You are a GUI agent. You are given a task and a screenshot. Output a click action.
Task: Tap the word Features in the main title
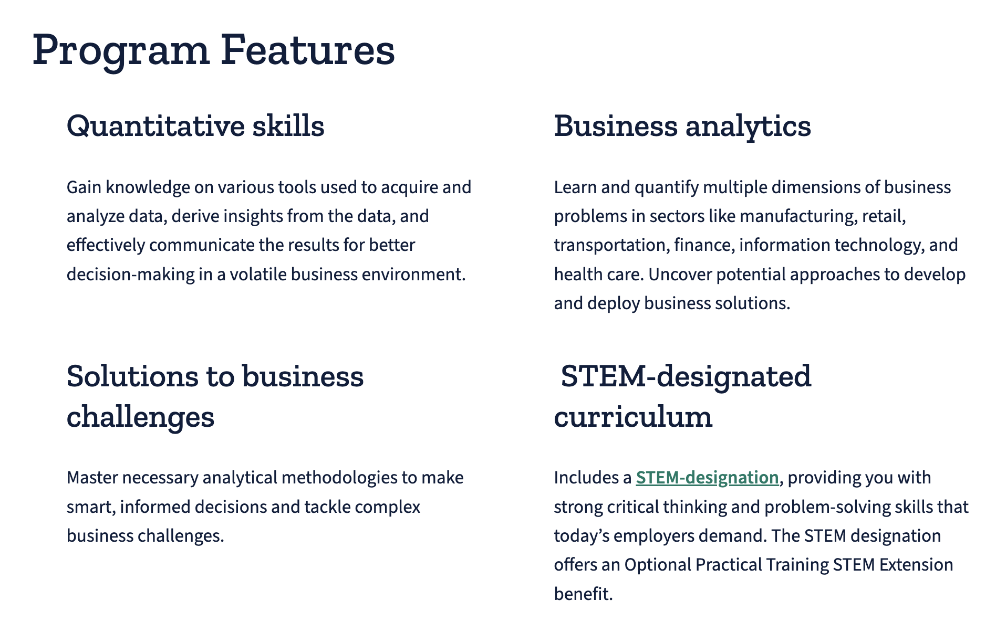[x=308, y=50]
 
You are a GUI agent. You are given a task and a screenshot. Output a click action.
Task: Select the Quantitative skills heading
[x=195, y=127]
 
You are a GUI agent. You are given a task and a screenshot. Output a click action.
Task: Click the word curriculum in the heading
[x=633, y=417]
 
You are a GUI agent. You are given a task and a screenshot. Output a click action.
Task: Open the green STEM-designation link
[x=707, y=478]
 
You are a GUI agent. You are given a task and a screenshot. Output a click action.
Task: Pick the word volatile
[x=258, y=275]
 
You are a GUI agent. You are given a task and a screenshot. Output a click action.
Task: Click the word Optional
[x=657, y=565]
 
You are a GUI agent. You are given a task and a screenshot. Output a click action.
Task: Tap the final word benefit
[x=584, y=594]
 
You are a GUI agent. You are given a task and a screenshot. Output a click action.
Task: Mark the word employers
[x=653, y=536]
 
